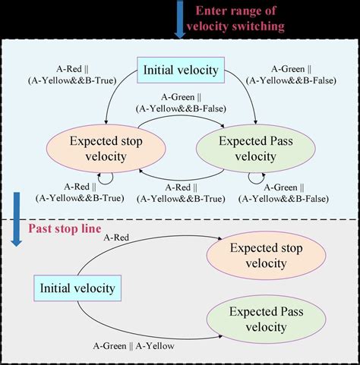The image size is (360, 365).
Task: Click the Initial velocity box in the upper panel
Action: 180,71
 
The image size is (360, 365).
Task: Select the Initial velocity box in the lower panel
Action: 79,288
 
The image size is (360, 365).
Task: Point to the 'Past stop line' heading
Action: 64,228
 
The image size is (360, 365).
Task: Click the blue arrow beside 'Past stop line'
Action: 16,220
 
